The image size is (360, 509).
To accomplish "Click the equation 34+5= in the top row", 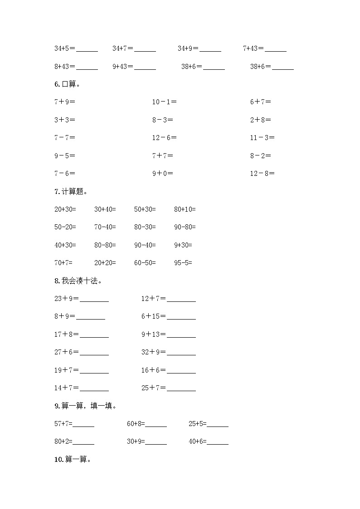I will pyautogui.click(x=65, y=48).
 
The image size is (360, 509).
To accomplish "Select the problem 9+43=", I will pyautogui.click(x=123, y=67).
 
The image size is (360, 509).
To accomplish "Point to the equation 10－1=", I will pyautogui.click(x=164, y=102).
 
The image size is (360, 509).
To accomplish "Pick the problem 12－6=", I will pyautogui.click(x=164, y=138).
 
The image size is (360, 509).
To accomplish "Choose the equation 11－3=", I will pyautogui.click(x=262, y=138).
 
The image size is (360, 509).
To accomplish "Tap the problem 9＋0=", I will pyautogui.click(x=162, y=173).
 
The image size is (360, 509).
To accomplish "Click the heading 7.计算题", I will pyautogui.click(x=71, y=191).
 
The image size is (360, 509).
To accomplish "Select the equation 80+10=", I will pyautogui.click(x=185, y=209).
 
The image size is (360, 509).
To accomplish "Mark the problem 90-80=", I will pyautogui.click(x=185, y=227).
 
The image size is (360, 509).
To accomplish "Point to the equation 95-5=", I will pyautogui.click(x=183, y=263).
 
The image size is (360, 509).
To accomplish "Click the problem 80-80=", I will pyautogui.click(x=105, y=245).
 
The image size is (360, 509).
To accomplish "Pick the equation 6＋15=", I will pyautogui.click(x=153, y=316).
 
